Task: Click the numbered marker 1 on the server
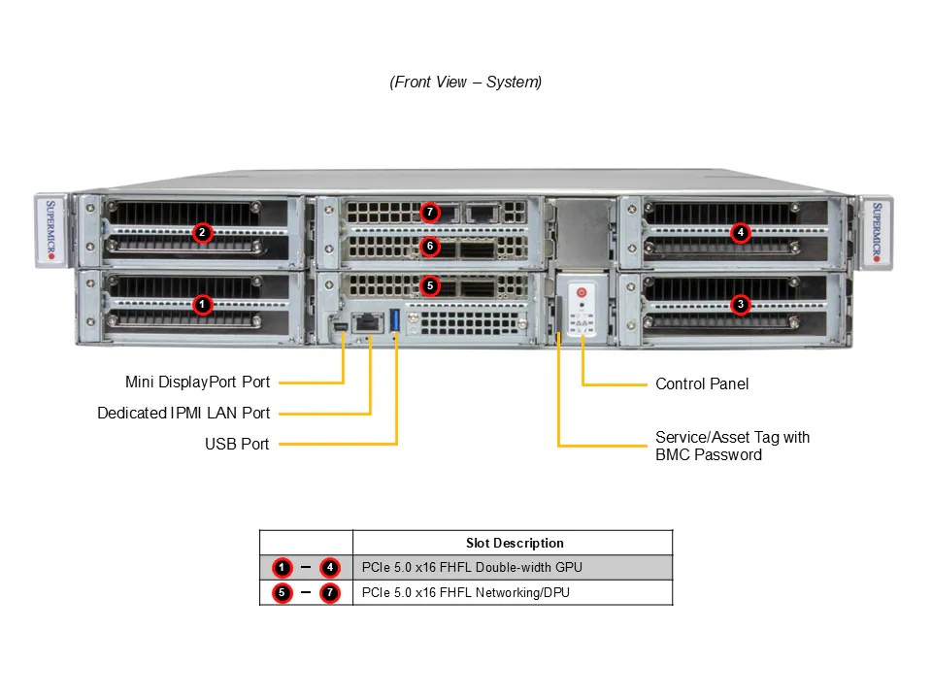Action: click(201, 304)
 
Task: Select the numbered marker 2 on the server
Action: click(201, 232)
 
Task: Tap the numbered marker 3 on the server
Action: click(741, 304)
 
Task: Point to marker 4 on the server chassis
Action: click(741, 232)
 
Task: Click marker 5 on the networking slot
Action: click(430, 285)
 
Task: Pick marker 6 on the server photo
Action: click(430, 247)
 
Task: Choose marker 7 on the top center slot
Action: click(430, 212)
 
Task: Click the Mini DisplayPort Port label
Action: click(197, 382)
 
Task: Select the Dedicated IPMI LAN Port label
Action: click(183, 413)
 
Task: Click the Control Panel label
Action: click(702, 383)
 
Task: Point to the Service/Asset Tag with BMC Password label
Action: click(732, 446)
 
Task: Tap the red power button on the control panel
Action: click(582, 292)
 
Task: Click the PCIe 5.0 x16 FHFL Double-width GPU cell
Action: click(472, 567)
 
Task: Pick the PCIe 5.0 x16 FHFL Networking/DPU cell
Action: click(466, 592)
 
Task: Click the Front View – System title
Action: click(466, 83)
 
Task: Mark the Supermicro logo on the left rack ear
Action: click(52, 231)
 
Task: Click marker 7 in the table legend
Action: click(329, 592)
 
